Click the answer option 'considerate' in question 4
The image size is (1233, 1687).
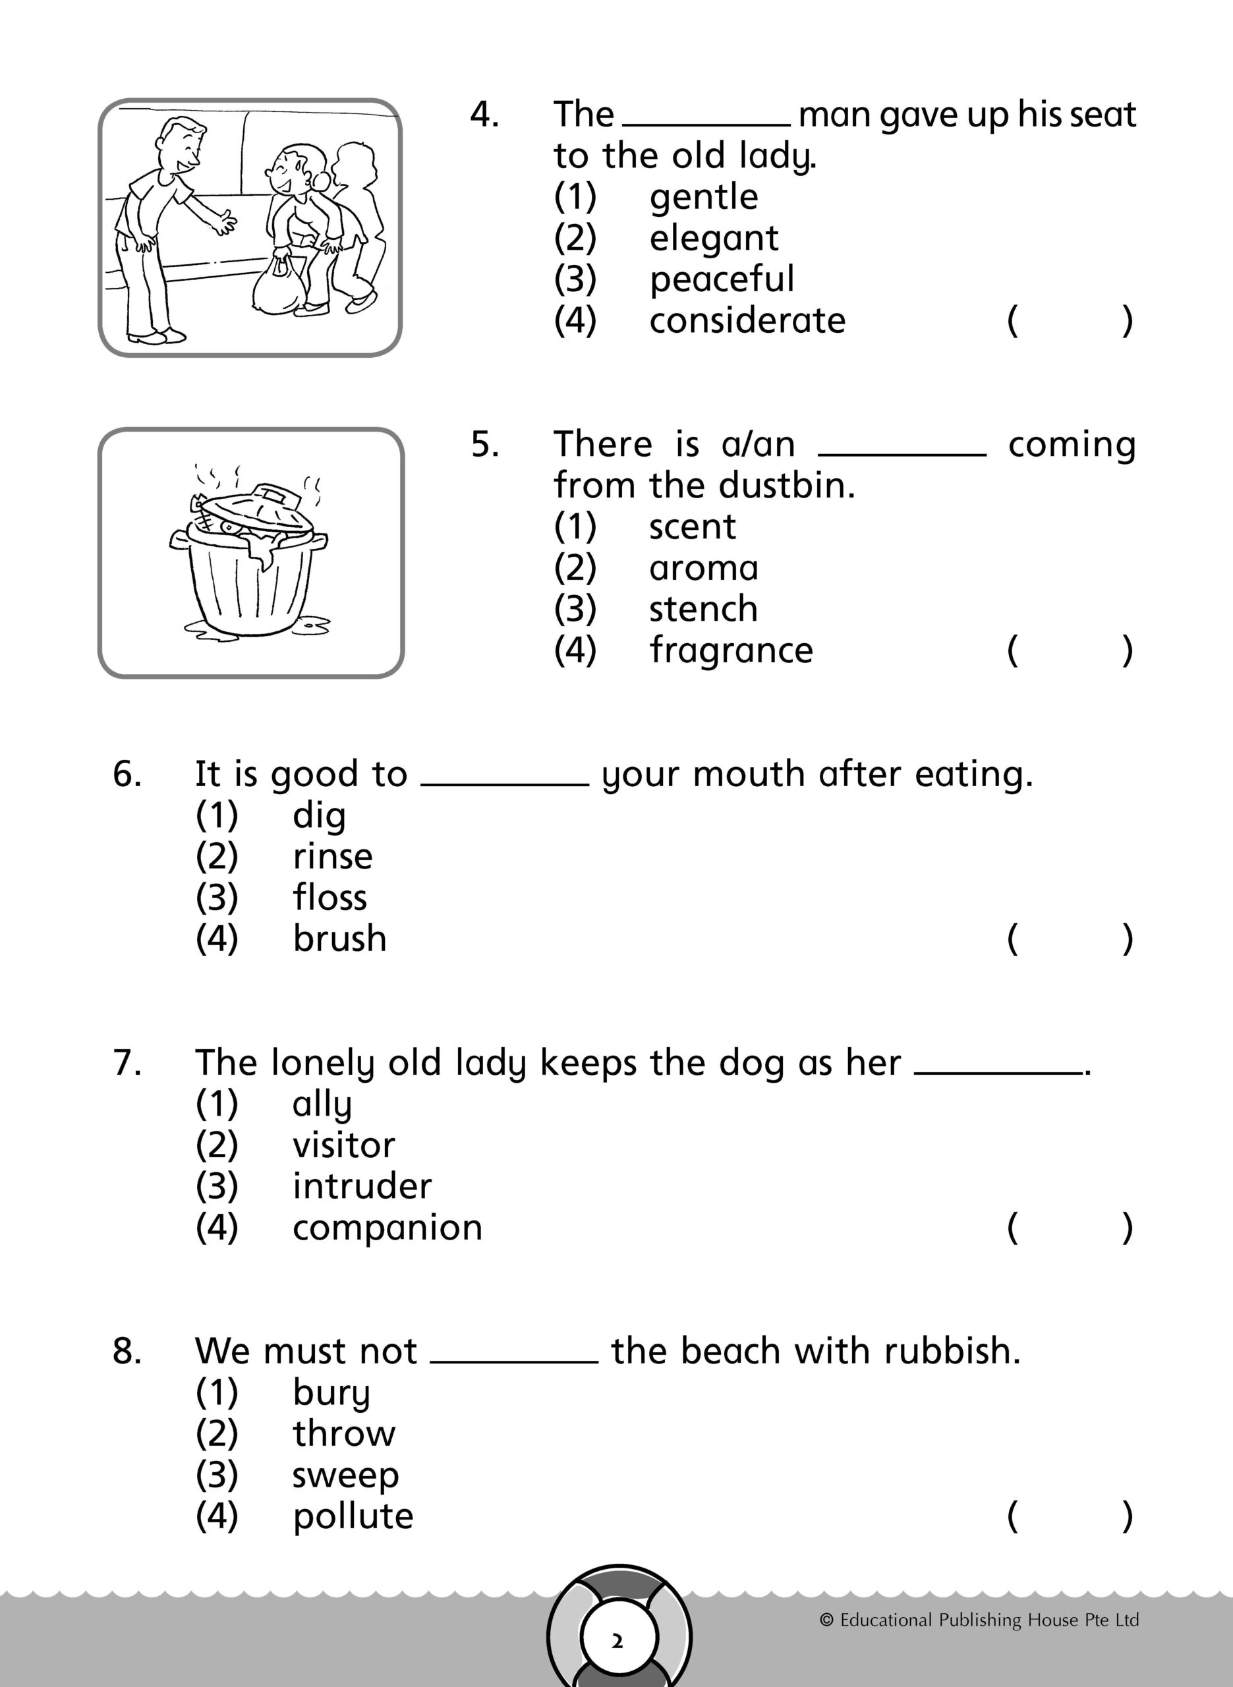747,321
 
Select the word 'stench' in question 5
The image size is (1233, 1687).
703,609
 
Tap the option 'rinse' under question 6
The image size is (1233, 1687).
332,857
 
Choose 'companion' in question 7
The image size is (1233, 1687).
387,1228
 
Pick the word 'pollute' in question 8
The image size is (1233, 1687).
353,1516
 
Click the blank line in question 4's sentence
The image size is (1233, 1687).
706,124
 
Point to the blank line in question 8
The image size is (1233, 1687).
513,1361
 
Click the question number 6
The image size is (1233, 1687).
127,774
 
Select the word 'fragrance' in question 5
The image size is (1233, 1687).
731,650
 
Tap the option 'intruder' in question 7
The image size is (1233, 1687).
362,1186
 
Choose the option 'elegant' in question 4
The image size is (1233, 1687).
714,239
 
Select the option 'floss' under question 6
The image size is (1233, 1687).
330,898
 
